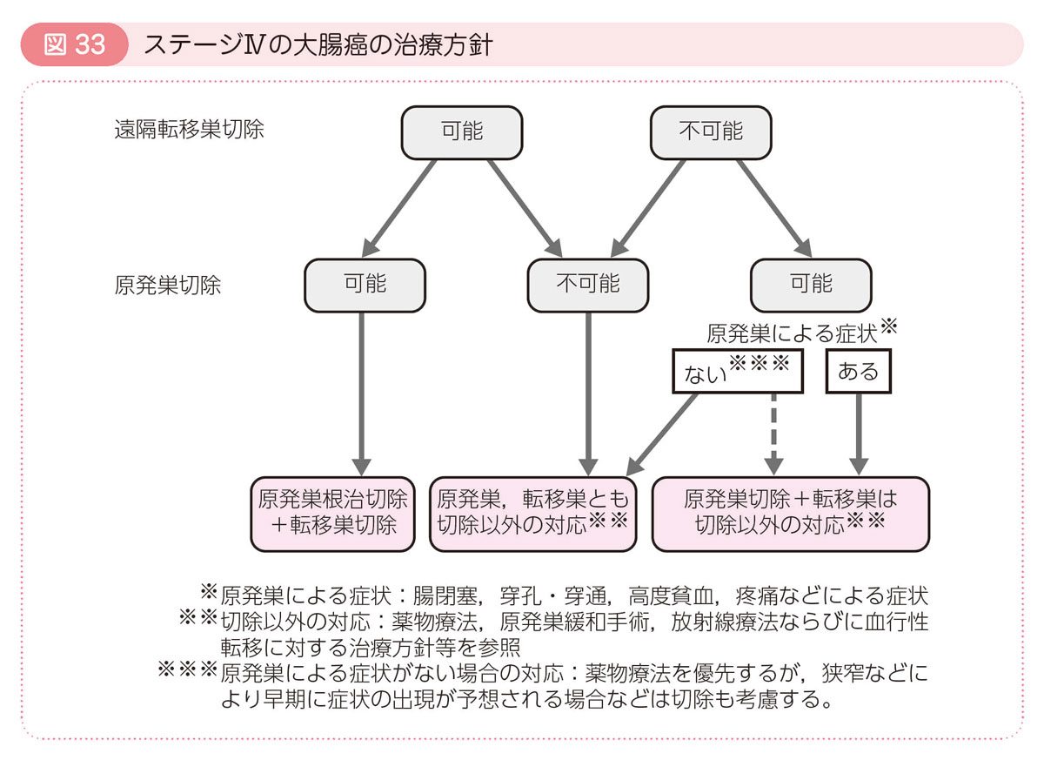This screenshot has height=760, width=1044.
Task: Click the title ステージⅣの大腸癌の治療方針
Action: [318, 44]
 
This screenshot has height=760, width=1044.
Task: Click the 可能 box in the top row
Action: [461, 132]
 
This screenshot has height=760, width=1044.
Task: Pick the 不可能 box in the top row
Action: [711, 132]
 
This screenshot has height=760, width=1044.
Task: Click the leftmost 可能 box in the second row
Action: [365, 285]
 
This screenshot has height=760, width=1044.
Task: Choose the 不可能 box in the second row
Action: [588, 285]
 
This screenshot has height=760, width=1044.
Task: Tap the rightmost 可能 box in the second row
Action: [811, 285]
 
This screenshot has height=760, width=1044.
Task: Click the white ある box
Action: [858, 373]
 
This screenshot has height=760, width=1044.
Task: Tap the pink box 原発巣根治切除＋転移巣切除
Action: [332, 513]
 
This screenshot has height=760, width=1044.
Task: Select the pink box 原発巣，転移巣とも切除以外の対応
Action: [533, 513]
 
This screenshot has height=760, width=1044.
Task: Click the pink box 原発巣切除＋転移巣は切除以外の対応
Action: [790, 513]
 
